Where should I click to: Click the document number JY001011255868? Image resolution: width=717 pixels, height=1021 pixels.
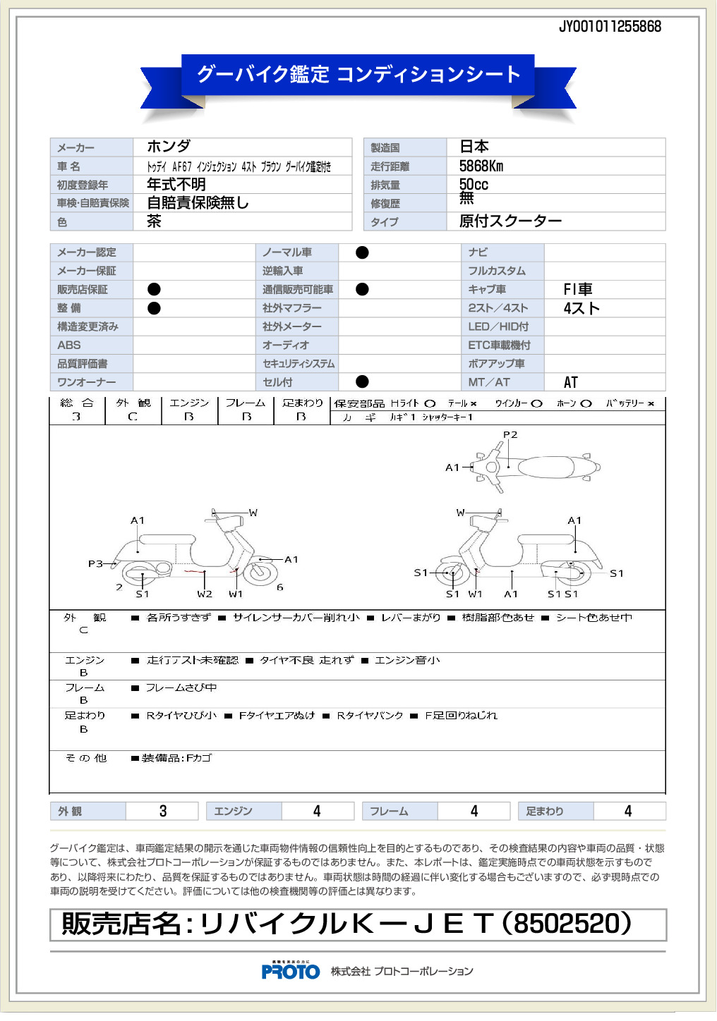point(610,27)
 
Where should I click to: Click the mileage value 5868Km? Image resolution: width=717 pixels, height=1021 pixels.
point(481,166)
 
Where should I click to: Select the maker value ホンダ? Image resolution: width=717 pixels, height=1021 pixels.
point(169,147)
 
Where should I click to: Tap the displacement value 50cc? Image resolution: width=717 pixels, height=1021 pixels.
point(474,185)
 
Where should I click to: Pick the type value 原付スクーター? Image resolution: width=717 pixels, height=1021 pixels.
point(510,221)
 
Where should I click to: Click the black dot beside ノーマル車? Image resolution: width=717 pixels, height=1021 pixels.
point(362,252)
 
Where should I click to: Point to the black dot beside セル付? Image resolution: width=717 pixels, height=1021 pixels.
point(362,382)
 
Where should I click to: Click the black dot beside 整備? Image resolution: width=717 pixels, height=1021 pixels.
point(154,308)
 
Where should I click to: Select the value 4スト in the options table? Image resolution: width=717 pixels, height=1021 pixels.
point(582,308)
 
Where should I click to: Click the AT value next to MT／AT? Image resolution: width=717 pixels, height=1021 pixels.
point(571,382)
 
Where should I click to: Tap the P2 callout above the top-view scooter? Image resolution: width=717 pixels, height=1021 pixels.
point(510,435)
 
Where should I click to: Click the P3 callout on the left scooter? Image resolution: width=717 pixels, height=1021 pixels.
point(95,563)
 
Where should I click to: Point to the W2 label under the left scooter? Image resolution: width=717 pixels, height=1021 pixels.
point(205,594)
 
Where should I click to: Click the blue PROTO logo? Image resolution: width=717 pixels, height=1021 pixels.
point(290,972)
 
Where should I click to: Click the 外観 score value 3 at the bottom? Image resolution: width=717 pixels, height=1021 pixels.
point(163,811)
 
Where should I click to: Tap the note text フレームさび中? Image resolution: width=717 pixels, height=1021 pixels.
point(181,687)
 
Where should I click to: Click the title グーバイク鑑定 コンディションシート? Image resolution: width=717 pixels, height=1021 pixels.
point(358,74)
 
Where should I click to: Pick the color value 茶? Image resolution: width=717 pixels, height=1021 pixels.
point(154,221)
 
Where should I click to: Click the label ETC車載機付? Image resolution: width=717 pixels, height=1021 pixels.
point(500,346)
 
